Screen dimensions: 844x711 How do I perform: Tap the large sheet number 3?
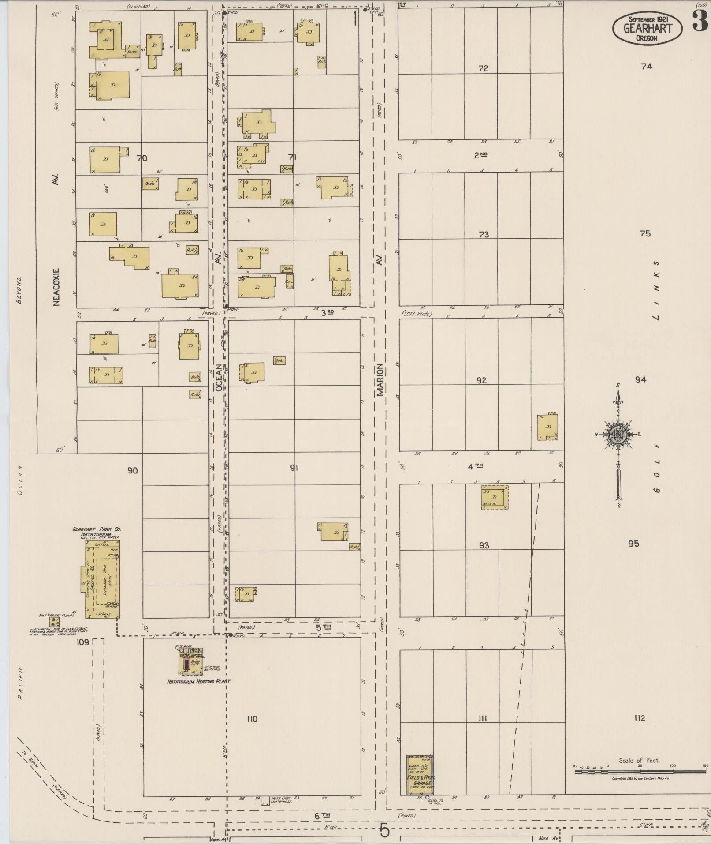(x=700, y=21)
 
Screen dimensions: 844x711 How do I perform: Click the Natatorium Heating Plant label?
(x=198, y=681)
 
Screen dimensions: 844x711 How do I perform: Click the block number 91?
(x=294, y=468)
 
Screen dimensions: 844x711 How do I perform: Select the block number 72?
(x=484, y=68)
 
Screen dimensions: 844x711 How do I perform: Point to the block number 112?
(x=640, y=718)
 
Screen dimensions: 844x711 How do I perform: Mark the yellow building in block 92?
(x=547, y=427)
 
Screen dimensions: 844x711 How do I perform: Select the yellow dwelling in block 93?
(x=494, y=497)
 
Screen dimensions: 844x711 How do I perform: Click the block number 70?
(x=142, y=158)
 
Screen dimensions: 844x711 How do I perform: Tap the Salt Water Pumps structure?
(x=55, y=622)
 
